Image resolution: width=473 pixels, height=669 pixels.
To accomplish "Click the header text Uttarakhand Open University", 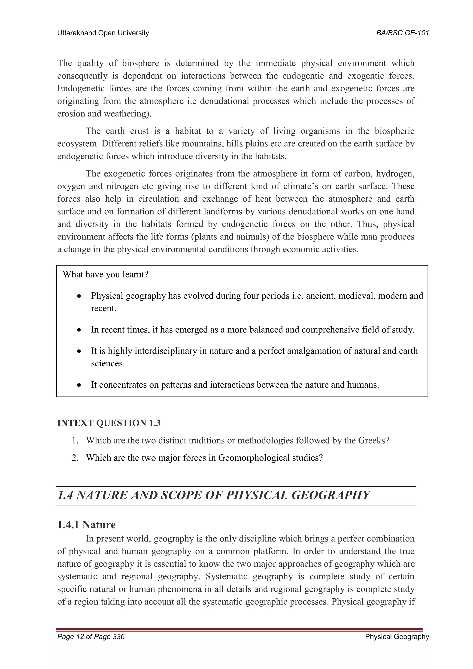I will pos(103,33).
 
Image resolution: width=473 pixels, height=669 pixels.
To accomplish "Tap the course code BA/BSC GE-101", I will pos(403,33).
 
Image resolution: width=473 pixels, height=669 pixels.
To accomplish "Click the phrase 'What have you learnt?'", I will pos(106,274).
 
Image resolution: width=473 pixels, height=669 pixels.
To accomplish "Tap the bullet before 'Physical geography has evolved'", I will pos(79,296).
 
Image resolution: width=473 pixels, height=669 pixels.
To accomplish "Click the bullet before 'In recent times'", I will pos(79,330).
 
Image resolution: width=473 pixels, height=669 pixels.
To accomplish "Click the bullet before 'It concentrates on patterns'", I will pos(79,385).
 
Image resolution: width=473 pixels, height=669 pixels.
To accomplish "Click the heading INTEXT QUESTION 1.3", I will pos(109,423).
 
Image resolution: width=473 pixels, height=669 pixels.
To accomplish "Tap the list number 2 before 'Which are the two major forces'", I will pos(75,458).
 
